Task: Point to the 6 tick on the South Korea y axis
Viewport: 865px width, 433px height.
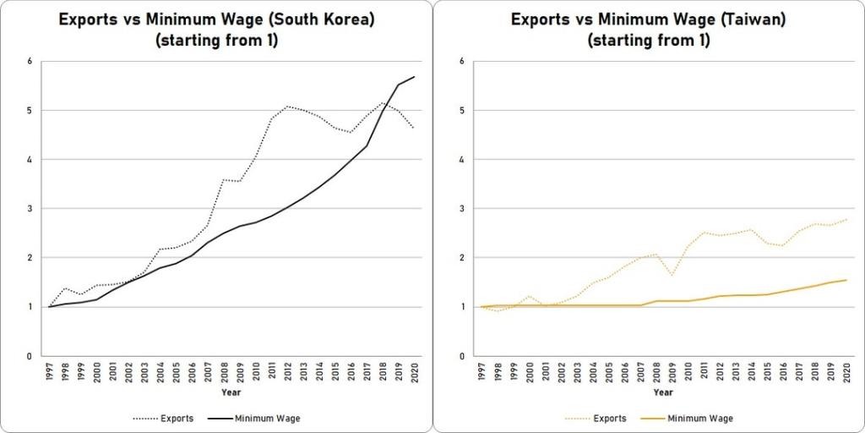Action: [30, 62]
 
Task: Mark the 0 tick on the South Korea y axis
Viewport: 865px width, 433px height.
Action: [30, 356]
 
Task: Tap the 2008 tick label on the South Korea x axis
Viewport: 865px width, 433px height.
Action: [224, 371]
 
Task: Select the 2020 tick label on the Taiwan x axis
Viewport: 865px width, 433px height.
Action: [845, 371]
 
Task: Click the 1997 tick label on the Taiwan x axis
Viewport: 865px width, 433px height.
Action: [481, 371]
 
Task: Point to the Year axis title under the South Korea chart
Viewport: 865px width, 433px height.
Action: [231, 392]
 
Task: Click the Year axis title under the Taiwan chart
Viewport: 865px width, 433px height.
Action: [663, 392]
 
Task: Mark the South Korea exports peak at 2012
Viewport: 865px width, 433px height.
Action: [287, 107]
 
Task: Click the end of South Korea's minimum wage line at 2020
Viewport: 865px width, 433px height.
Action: [414, 77]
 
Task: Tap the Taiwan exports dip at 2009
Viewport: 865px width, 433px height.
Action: [671, 276]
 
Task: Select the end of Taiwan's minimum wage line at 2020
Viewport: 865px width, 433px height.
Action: [845, 280]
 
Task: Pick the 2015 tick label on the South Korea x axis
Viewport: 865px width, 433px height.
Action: [335, 371]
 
